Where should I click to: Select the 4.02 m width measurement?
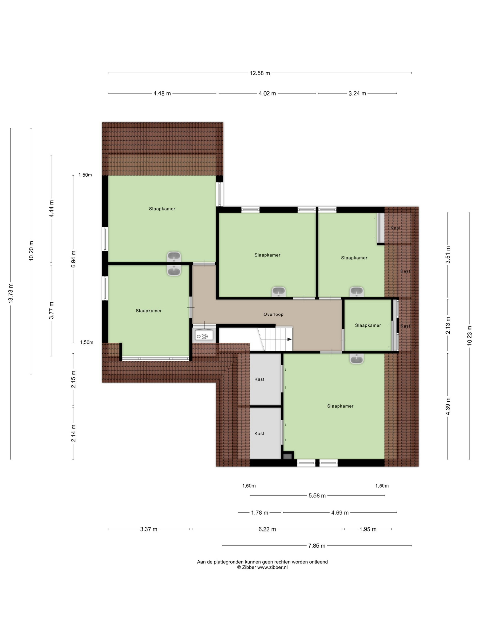coord(267,93)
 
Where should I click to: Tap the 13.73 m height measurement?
coord(11,293)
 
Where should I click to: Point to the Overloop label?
coord(273,314)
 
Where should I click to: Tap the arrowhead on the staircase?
coord(289,339)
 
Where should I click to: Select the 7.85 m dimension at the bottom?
coord(317,546)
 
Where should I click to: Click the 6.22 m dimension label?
coord(267,529)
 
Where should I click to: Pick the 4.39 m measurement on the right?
coord(448,406)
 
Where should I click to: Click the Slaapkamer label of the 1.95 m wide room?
coord(368,325)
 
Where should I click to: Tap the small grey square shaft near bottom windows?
coord(287,456)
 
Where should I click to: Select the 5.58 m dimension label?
coord(317,496)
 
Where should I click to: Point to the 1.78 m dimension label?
coord(259,513)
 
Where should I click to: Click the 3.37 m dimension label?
coord(149,529)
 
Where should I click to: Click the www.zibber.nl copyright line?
coord(262,567)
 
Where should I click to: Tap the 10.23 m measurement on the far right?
coord(469,335)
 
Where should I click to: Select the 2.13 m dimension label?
coord(448,325)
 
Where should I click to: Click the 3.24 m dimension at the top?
coord(357,93)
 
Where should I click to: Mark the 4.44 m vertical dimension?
coord(51,209)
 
